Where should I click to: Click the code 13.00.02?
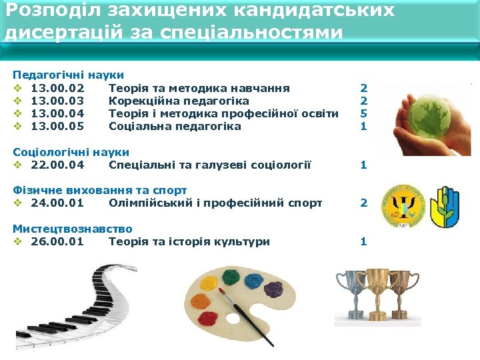tap(57, 88)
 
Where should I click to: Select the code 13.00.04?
tap(57, 113)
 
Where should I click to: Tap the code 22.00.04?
tap(57, 165)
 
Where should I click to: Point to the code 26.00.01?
tap(57, 241)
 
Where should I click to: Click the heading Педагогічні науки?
tap(68, 75)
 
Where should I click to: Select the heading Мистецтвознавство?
tap(72, 229)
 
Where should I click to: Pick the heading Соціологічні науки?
tap(71, 152)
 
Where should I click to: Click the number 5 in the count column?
tap(363, 113)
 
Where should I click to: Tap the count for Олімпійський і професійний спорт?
tap(363, 203)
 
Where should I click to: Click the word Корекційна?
tap(141, 101)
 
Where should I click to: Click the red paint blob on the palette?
tap(208, 317)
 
